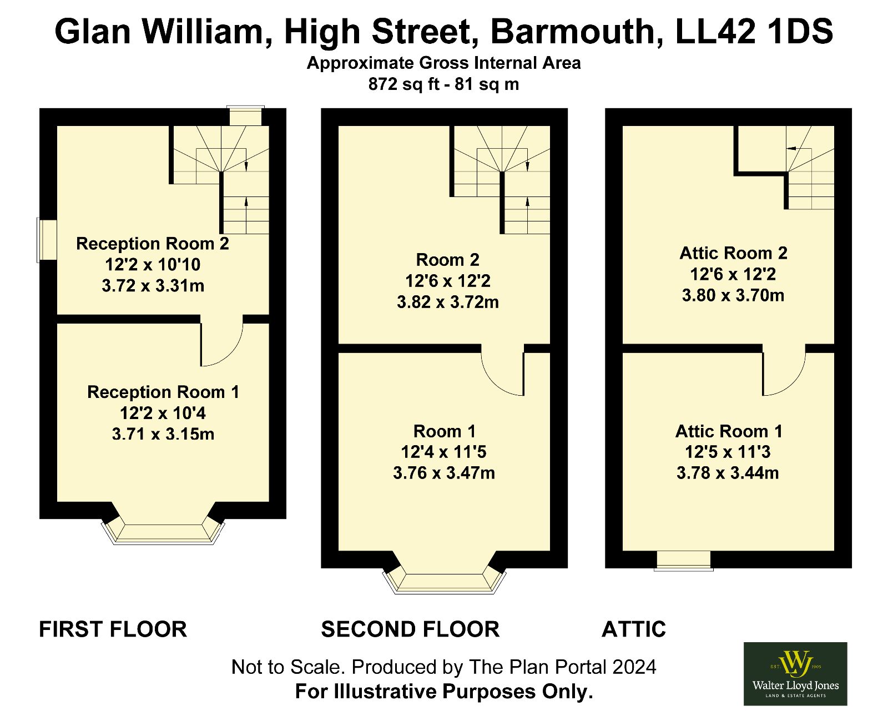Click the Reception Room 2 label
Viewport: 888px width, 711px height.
click(152, 244)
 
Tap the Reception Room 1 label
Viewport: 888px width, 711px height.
click(163, 392)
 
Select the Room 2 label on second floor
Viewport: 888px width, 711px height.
click(448, 260)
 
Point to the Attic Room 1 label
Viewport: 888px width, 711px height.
click(729, 432)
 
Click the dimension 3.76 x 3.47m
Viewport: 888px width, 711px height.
click(444, 473)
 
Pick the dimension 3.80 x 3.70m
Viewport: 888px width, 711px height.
click(733, 295)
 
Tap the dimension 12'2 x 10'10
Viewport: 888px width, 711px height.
click(153, 265)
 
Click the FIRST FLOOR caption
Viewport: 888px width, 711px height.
click(113, 629)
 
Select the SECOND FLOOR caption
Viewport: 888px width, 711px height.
click(410, 629)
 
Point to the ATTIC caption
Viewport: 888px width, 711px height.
click(634, 629)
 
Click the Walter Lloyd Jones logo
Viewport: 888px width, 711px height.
click(795, 674)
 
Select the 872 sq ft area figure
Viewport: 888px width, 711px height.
click(398, 84)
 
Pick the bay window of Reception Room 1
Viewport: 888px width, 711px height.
click(163, 533)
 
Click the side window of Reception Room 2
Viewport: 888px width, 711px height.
click(47, 240)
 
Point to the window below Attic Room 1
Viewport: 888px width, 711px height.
click(683, 561)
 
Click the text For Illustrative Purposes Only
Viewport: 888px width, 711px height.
click(444, 691)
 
